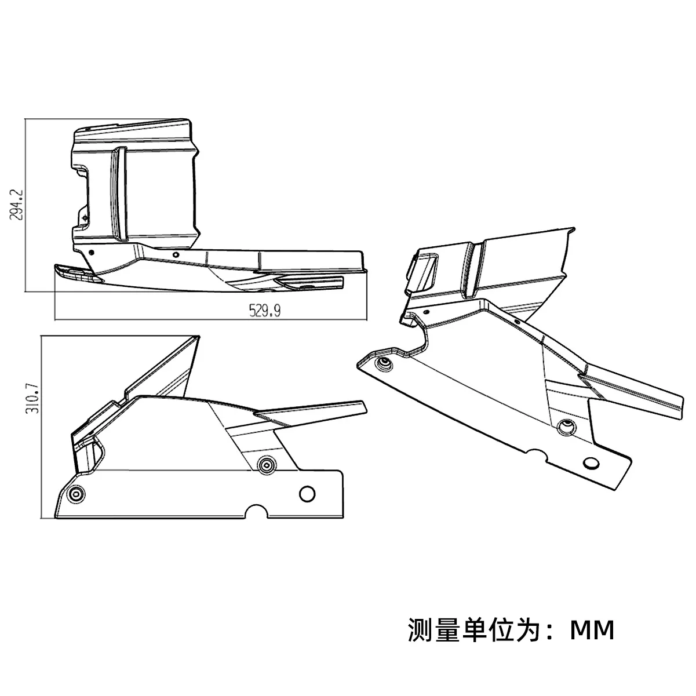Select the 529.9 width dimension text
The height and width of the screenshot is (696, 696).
265,311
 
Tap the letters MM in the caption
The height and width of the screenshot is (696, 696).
592,630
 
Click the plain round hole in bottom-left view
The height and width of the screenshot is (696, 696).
307,494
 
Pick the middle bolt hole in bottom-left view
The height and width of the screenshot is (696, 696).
266,464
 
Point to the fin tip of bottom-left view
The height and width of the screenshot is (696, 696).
363,404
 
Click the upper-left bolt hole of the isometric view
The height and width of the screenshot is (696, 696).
383,364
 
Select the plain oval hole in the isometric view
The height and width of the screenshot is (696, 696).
591,463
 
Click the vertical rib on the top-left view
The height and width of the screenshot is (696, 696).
119,194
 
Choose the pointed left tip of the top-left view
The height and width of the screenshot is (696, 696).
56,268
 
